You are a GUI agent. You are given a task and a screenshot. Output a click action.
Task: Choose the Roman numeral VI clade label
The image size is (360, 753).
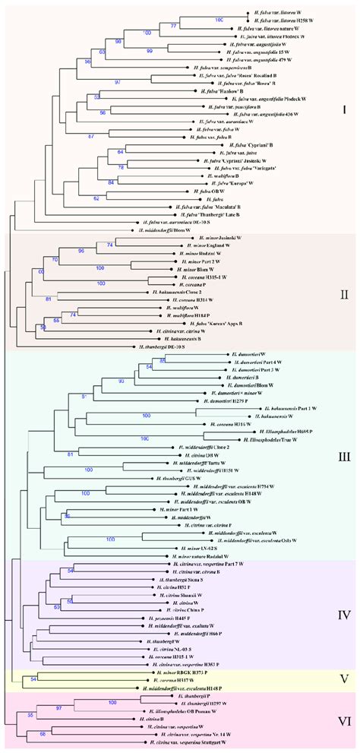point(343,719)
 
